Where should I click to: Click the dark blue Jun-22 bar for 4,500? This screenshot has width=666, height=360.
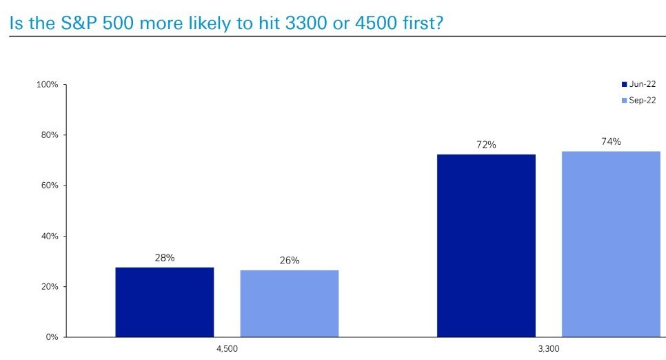164,302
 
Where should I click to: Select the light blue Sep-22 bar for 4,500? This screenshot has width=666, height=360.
290,303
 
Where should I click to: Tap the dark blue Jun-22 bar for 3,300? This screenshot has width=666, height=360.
486,246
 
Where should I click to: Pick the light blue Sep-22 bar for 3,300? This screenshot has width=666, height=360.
612,244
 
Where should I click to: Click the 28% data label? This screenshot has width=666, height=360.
165,257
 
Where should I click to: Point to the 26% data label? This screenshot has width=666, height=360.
290,260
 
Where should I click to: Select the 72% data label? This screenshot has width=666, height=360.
486,145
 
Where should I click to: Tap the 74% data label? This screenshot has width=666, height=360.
612,141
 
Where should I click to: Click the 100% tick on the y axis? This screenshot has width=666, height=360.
47,85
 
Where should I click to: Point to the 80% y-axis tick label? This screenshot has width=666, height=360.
50,135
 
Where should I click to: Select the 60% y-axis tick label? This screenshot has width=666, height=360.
50,186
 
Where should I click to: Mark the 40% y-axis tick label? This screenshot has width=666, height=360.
50,237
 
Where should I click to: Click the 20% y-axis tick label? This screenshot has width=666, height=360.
50,287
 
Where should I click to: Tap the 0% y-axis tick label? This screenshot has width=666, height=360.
52,337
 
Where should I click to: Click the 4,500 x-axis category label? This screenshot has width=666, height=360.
228,349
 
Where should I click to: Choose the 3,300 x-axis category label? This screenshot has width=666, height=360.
549,349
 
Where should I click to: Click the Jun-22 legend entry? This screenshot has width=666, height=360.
639,84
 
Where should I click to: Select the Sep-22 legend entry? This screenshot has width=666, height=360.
639,100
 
